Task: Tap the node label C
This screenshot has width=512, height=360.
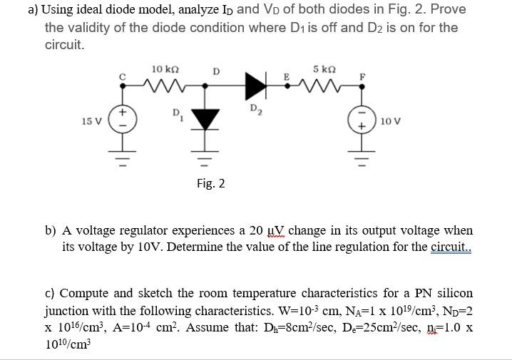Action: tap(122, 73)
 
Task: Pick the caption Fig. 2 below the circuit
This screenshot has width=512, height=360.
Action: tap(210, 184)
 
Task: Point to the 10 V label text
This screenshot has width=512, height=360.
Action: tap(390, 121)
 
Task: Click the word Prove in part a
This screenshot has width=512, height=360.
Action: tap(449, 10)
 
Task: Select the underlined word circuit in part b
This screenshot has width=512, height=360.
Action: tap(451, 247)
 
